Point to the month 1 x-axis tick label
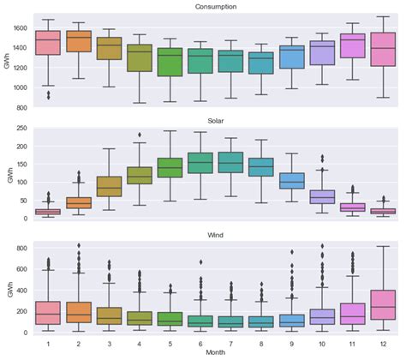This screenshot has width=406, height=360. tap(48, 342)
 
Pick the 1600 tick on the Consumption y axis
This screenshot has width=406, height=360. tap(20, 27)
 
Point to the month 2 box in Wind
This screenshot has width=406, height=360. tap(79, 312)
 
